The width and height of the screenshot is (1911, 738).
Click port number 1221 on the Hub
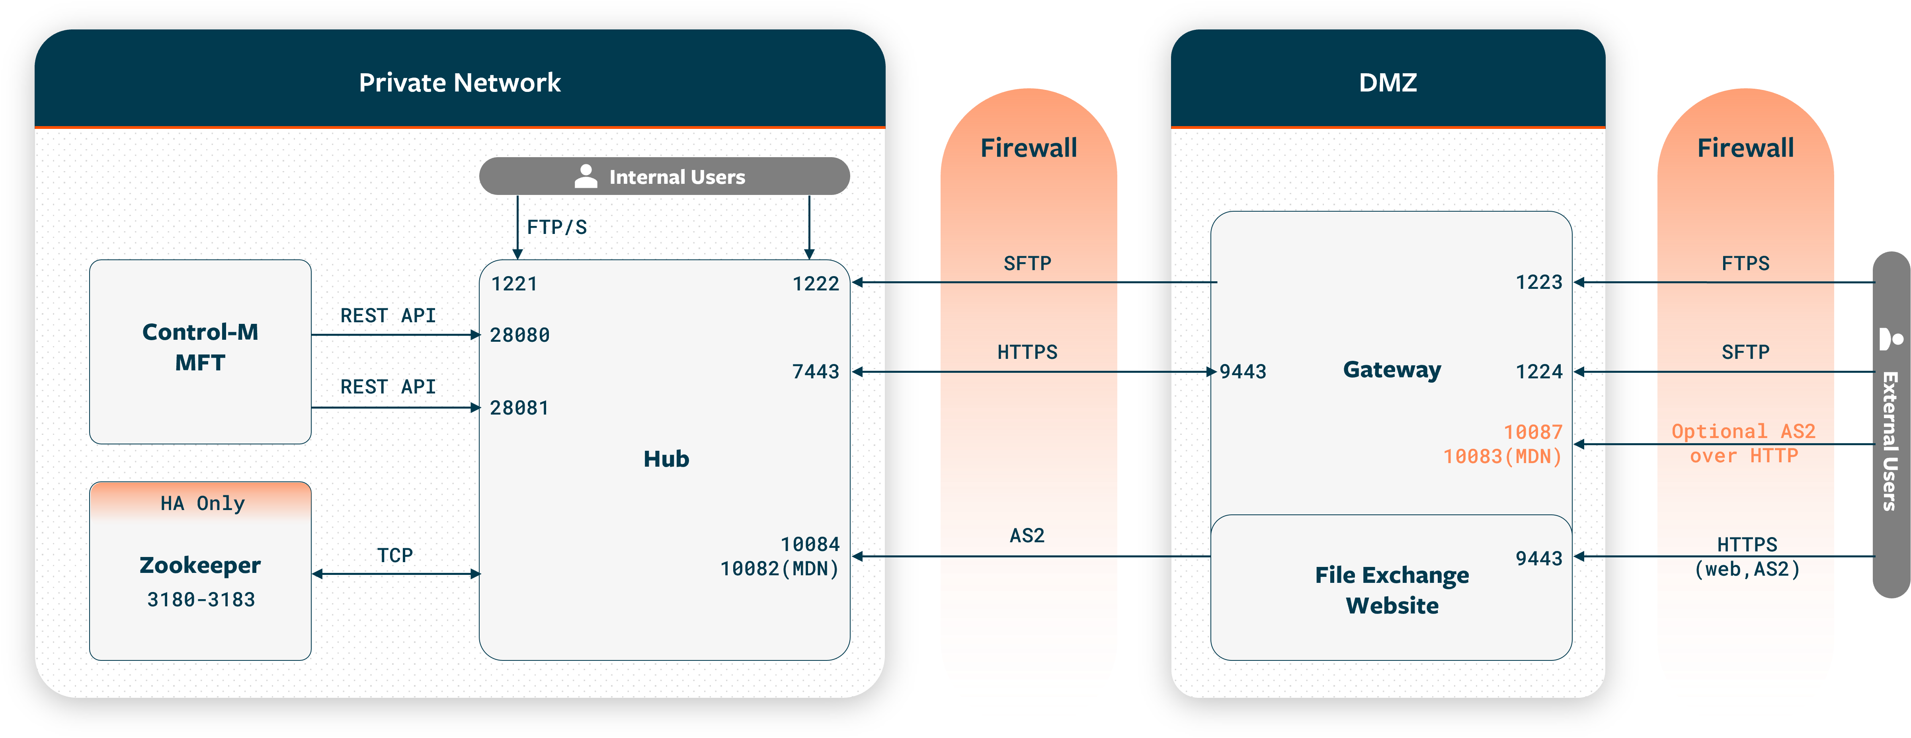(514, 284)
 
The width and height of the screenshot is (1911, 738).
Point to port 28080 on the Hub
(519, 335)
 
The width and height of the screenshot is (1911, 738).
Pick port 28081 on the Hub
(519, 408)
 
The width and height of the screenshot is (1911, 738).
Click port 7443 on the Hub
(815, 372)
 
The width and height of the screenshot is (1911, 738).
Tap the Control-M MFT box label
(200, 347)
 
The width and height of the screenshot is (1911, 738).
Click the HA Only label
(203, 504)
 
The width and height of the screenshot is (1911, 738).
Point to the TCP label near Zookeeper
(395, 555)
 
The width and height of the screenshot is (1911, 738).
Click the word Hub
(666, 459)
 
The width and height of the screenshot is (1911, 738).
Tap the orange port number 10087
(1532, 432)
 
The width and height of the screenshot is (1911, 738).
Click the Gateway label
(1392, 369)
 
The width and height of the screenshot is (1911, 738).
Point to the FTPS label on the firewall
(1745, 263)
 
